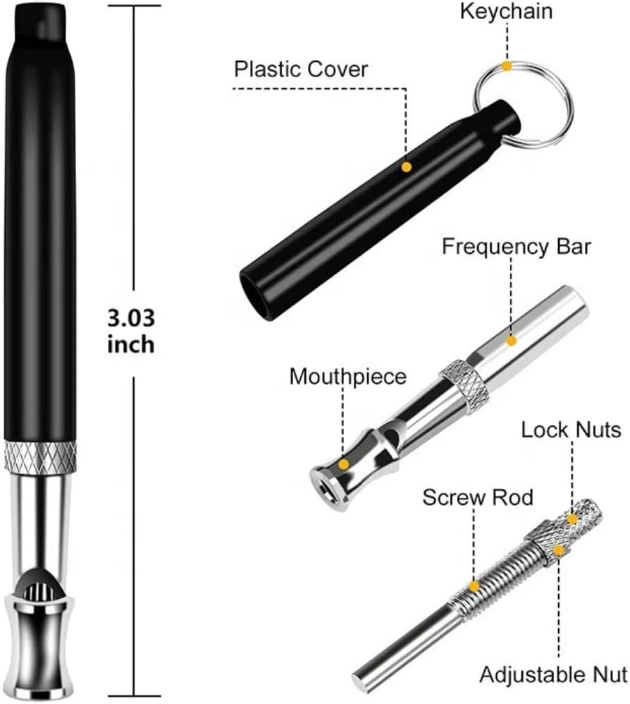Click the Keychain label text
click(x=506, y=11)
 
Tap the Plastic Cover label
click(x=301, y=69)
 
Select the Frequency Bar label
click(x=516, y=246)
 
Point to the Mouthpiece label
click(x=347, y=376)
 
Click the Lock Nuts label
click(x=571, y=430)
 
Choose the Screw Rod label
click(x=478, y=497)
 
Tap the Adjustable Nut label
click(x=553, y=674)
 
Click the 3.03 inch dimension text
click(x=131, y=331)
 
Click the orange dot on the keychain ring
click(x=507, y=66)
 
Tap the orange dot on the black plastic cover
click(x=407, y=167)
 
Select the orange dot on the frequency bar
click(x=511, y=341)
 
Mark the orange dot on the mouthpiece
click(x=343, y=464)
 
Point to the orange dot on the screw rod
click(x=474, y=586)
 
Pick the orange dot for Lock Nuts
click(x=572, y=519)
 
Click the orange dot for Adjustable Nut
click(x=558, y=550)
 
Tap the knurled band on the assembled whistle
click(x=40, y=456)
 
